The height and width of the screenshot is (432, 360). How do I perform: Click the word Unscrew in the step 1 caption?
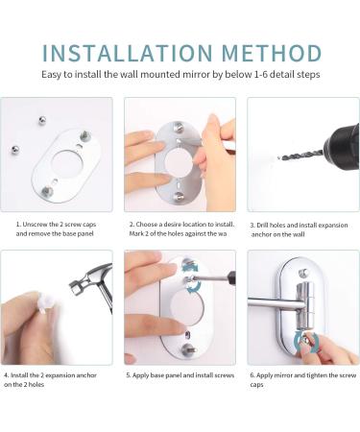coord(37,224)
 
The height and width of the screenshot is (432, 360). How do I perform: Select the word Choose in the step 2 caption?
coord(150,224)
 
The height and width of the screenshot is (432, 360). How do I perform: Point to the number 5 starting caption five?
coord(129,375)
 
